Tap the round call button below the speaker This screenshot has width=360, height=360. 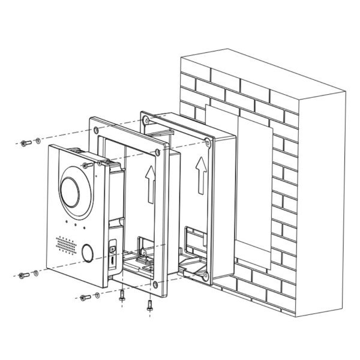87,253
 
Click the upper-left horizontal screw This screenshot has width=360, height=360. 25,143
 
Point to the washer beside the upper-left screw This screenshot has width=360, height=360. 38,142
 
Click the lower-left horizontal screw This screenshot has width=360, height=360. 24,275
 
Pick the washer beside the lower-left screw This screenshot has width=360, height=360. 36,274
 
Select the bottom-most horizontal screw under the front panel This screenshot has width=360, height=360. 84,298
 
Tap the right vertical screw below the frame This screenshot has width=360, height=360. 149,303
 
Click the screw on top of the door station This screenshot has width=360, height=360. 86,165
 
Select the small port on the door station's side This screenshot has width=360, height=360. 113,247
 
